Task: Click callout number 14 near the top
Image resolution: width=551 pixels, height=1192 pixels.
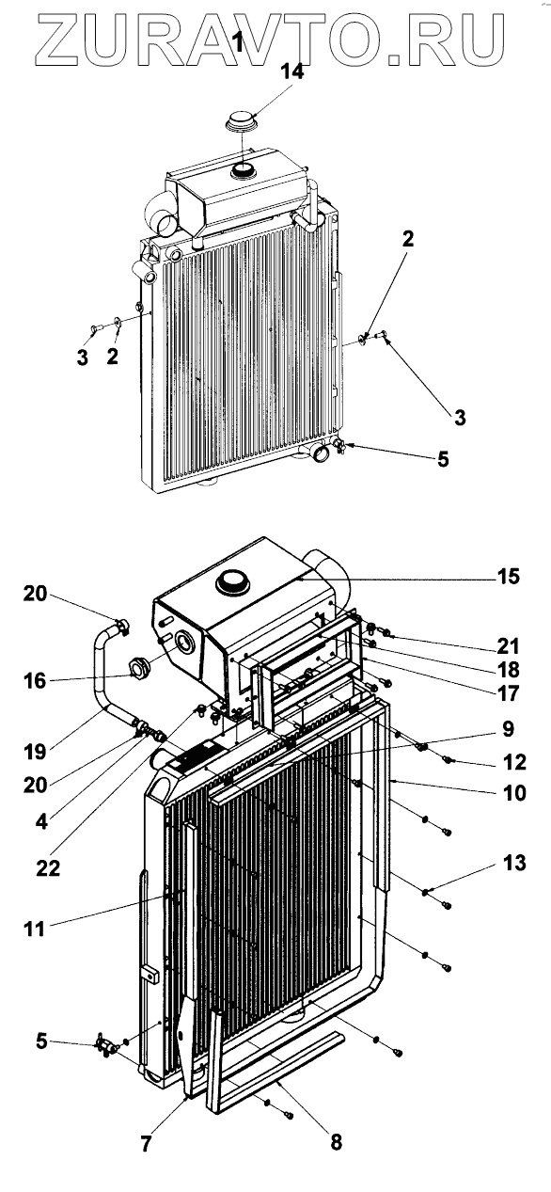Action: click(x=292, y=71)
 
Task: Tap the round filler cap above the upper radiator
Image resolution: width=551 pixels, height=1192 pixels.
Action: click(x=242, y=119)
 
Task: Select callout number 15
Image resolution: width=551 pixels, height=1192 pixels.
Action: click(x=508, y=577)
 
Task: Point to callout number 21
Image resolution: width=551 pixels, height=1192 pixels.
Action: click(x=508, y=646)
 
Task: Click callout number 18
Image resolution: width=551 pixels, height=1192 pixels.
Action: click(x=508, y=670)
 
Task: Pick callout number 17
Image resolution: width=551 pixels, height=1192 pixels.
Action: click(x=508, y=693)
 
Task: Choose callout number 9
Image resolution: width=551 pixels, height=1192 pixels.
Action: click(x=509, y=728)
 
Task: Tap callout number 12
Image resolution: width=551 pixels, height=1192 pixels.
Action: click(x=514, y=762)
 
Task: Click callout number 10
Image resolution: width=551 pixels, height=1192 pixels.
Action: click(x=514, y=793)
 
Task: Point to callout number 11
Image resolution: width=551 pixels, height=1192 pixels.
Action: click(x=35, y=930)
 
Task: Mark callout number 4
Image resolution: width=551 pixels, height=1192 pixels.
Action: click(x=41, y=822)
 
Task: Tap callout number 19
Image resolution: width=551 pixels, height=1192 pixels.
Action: click(x=35, y=752)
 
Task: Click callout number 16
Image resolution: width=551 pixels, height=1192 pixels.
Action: click(x=35, y=680)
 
